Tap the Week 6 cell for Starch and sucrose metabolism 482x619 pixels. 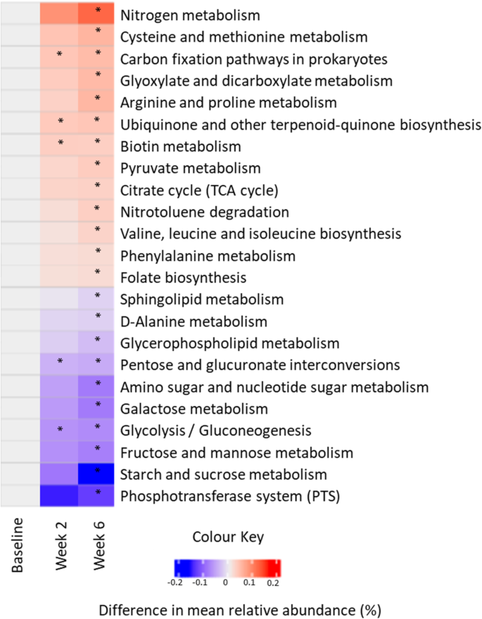[98, 473]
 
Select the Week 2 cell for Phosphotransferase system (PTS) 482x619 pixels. [61, 495]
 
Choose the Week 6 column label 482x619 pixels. [98, 546]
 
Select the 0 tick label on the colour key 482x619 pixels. [225, 583]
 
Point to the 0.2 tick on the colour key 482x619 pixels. [274, 583]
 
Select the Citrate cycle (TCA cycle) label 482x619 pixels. [200, 190]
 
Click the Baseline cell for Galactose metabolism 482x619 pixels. [20, 407]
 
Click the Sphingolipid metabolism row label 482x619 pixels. [202, 300]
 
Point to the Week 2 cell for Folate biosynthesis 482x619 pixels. [61, 275]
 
